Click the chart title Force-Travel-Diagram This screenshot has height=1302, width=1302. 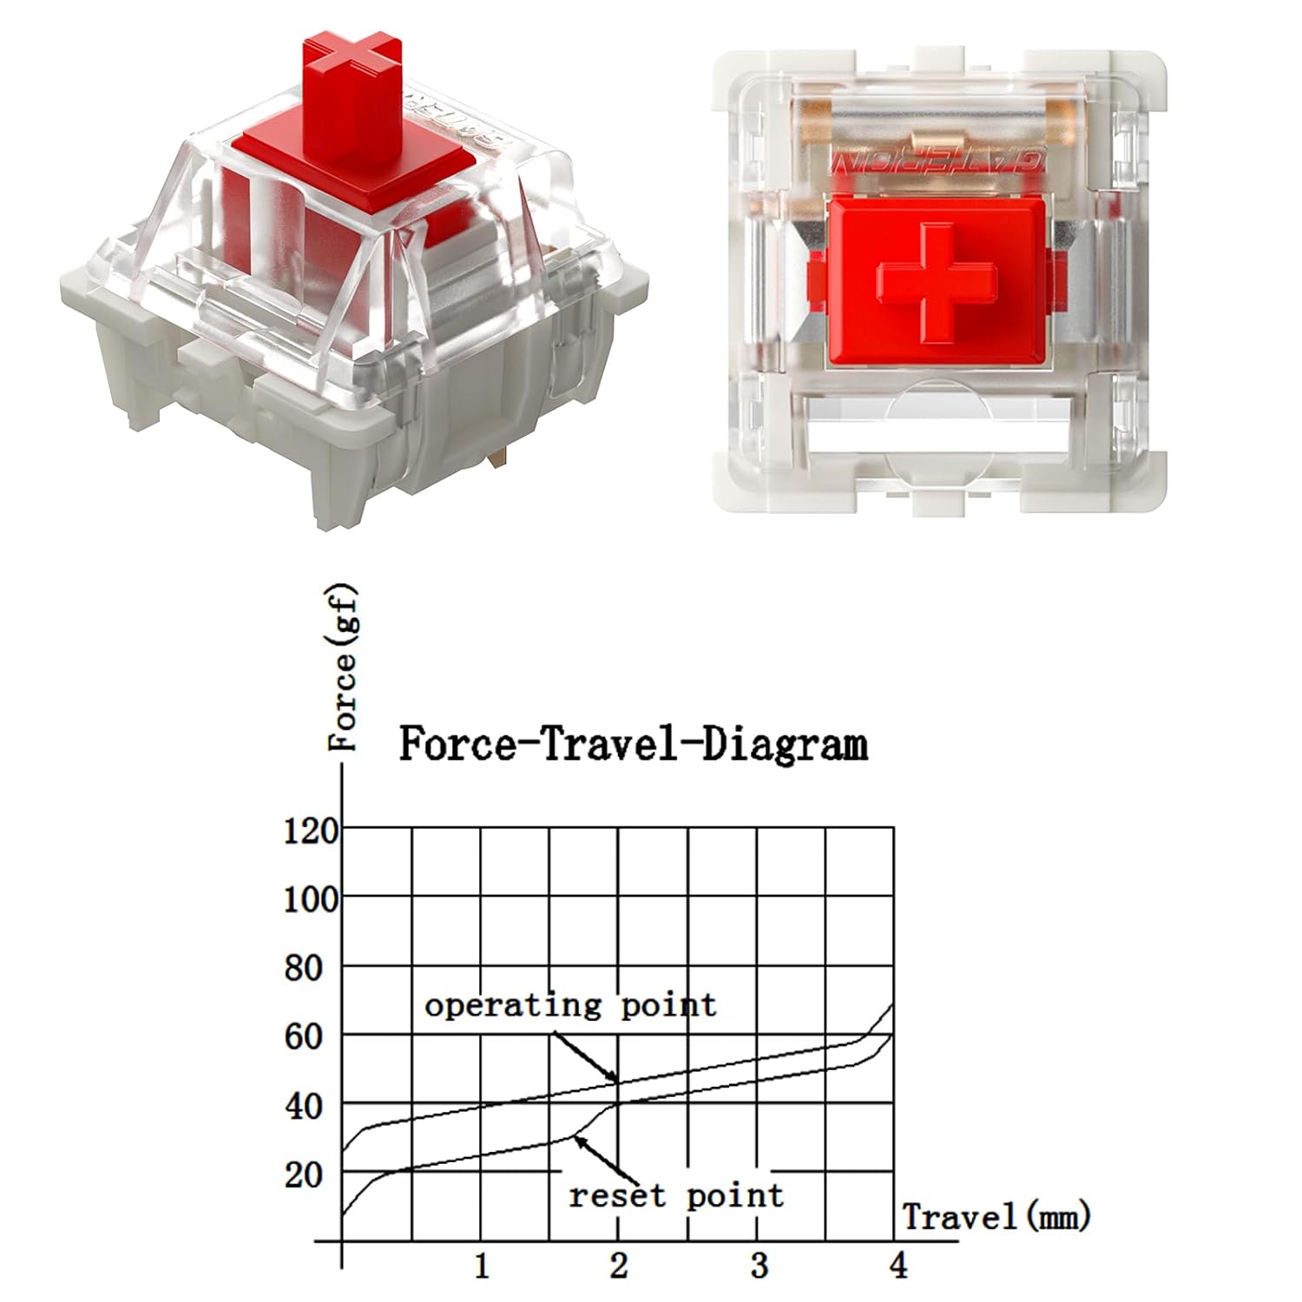[633, 745]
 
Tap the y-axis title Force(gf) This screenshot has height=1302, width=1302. [344, 667]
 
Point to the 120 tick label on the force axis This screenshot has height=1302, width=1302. [311, 831]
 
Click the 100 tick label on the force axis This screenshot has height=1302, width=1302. [311, 899]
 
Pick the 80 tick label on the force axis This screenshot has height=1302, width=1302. [304, 968]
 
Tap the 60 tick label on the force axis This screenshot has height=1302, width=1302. [304, 1036]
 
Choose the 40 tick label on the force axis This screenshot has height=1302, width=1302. [304, 1106]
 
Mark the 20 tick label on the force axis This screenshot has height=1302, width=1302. [304, 1174]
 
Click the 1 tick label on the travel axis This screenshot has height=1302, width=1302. [482, 1266]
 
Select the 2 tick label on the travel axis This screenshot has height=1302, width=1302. [618, 1266]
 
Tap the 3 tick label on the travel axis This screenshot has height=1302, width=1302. [759, 1266]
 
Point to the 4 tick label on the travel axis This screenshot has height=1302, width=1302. [898, 1266]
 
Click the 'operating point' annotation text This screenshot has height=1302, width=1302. [570, 1005]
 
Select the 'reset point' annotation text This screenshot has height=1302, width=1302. [675, 1196]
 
